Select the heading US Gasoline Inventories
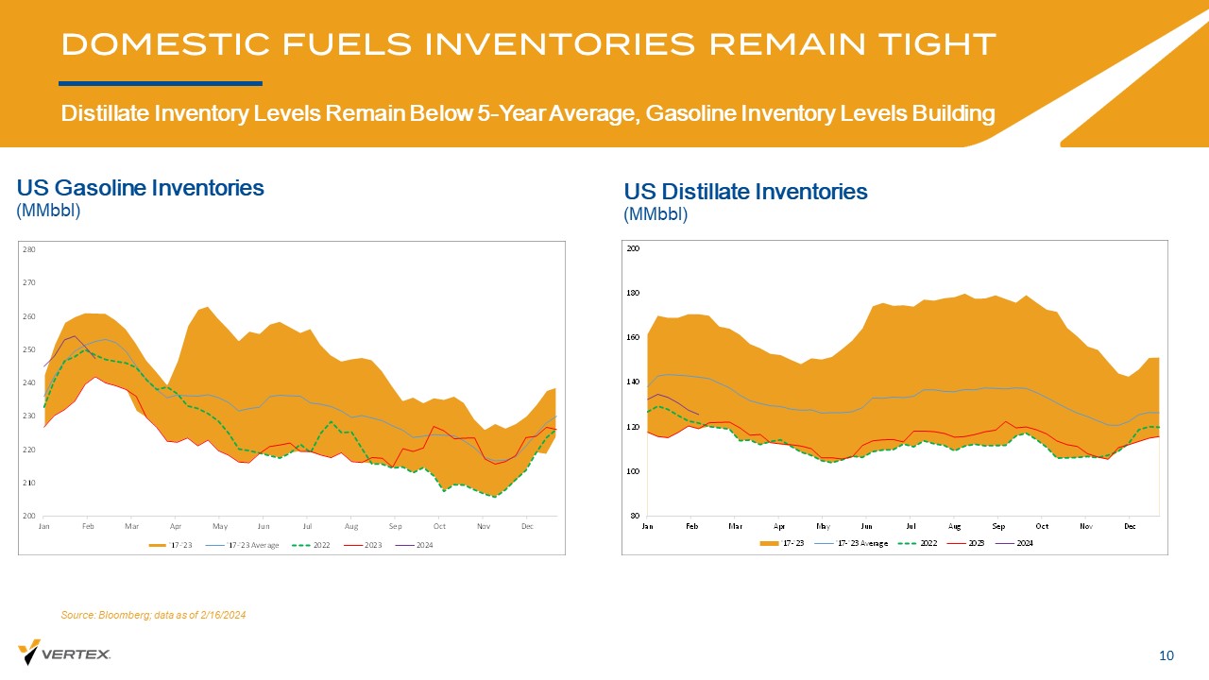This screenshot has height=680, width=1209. coord(141,188)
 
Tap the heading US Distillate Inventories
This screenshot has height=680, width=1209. coord(745,192)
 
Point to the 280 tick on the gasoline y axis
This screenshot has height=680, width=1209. coord(28,250)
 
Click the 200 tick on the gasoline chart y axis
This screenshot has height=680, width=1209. coord(28,517)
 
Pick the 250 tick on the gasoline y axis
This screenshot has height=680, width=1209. coord(28,350)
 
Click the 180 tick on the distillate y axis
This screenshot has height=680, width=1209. coord(634,293)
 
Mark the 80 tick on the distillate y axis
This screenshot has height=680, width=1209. coord(636,516)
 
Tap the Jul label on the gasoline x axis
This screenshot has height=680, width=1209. coord(308,525)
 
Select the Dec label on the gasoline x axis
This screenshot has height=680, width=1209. coord(527,525)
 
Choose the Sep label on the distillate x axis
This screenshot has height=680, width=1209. coord(998,525)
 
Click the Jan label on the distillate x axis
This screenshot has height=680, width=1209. coord(648,525)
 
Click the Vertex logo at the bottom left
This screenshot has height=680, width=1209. coord(64,653)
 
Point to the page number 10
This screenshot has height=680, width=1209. coord(1166,655)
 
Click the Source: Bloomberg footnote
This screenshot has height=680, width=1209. coord(153,615)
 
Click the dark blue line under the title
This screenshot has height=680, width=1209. coord(161,83)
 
